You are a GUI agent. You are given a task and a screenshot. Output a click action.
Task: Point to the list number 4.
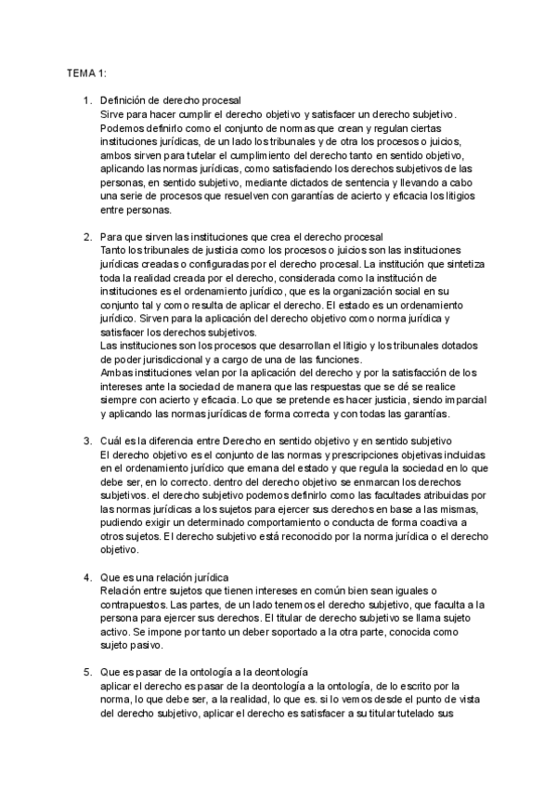(x=87, y=577)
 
